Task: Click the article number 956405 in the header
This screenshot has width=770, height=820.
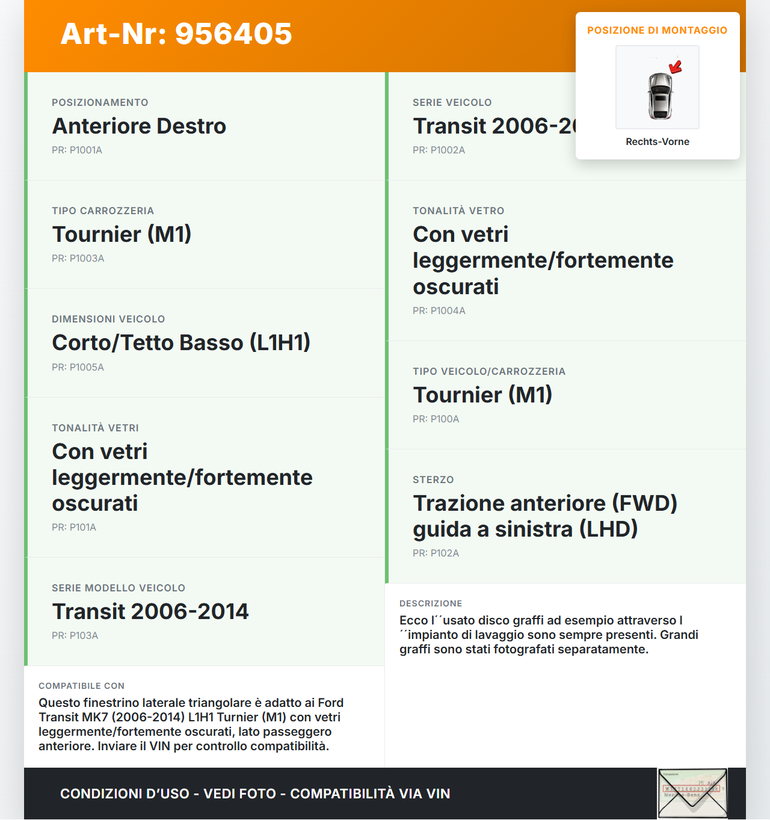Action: [x=233, y=34]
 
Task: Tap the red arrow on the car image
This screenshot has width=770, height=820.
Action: [x=676, y=66]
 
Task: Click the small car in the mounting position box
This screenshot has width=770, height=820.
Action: [x=660, y=95]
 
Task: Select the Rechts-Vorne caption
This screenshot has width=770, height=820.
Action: [x=658, y=142]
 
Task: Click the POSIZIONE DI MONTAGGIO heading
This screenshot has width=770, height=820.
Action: [x=658, y=31]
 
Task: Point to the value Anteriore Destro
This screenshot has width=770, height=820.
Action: [x=139, y=126]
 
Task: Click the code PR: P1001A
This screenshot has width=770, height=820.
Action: [x=77, y=150]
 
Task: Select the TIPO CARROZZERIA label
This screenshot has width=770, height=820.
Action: [x=103, y=211]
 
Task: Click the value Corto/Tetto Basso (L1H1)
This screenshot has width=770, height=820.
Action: [x=181, y=343]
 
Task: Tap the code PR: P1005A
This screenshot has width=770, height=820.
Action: [x=78, y=368]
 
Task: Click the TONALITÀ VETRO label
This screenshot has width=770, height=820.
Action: [x=458, y=211]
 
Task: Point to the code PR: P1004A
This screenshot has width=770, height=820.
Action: [x=439, y=311]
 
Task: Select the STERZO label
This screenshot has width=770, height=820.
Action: [x=433, y=480]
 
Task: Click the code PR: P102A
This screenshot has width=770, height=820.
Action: [x=436, y=553]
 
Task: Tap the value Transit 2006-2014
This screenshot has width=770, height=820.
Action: [x=150, y=612]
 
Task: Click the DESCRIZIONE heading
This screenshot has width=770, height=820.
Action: [x=431, y=604]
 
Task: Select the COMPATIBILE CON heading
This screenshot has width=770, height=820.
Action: [x=81, y=686]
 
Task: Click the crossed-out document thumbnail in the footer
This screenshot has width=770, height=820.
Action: [x=692, y=794]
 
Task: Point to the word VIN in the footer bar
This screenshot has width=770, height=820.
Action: [x=438, y=794]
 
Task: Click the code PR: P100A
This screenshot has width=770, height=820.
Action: [x=436, y=419]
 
